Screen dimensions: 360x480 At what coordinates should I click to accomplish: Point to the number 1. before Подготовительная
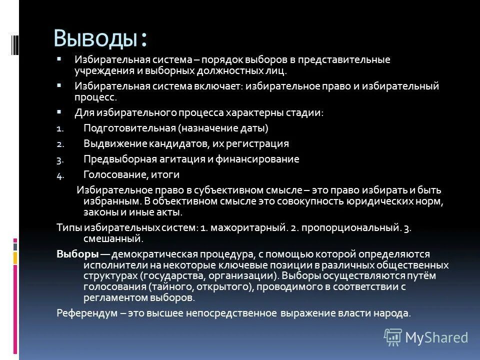59,129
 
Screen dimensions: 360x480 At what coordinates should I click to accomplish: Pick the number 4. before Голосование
60,175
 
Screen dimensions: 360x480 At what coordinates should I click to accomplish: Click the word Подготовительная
128,128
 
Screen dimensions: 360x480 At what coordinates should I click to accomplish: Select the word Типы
68,227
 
